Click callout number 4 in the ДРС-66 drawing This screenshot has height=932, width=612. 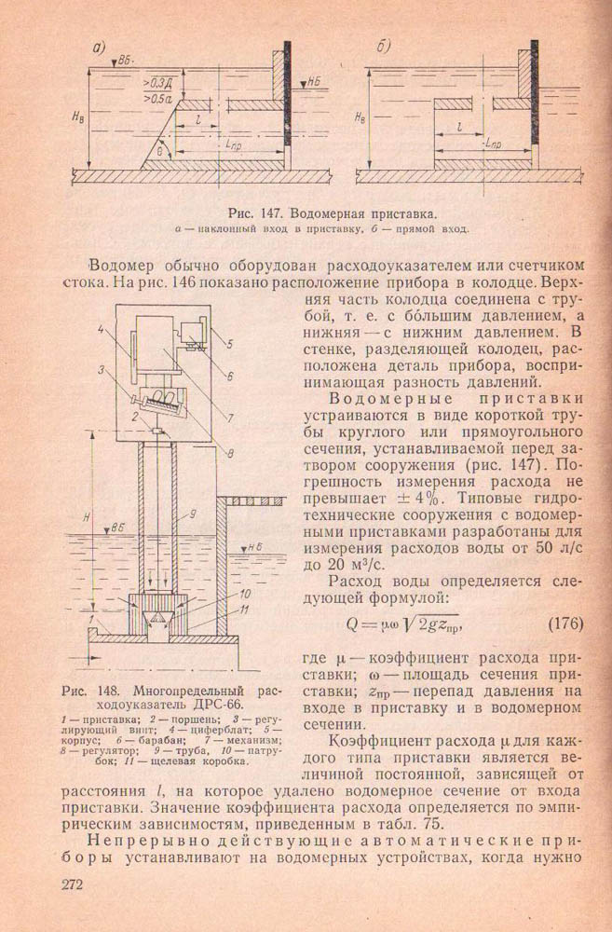99,328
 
